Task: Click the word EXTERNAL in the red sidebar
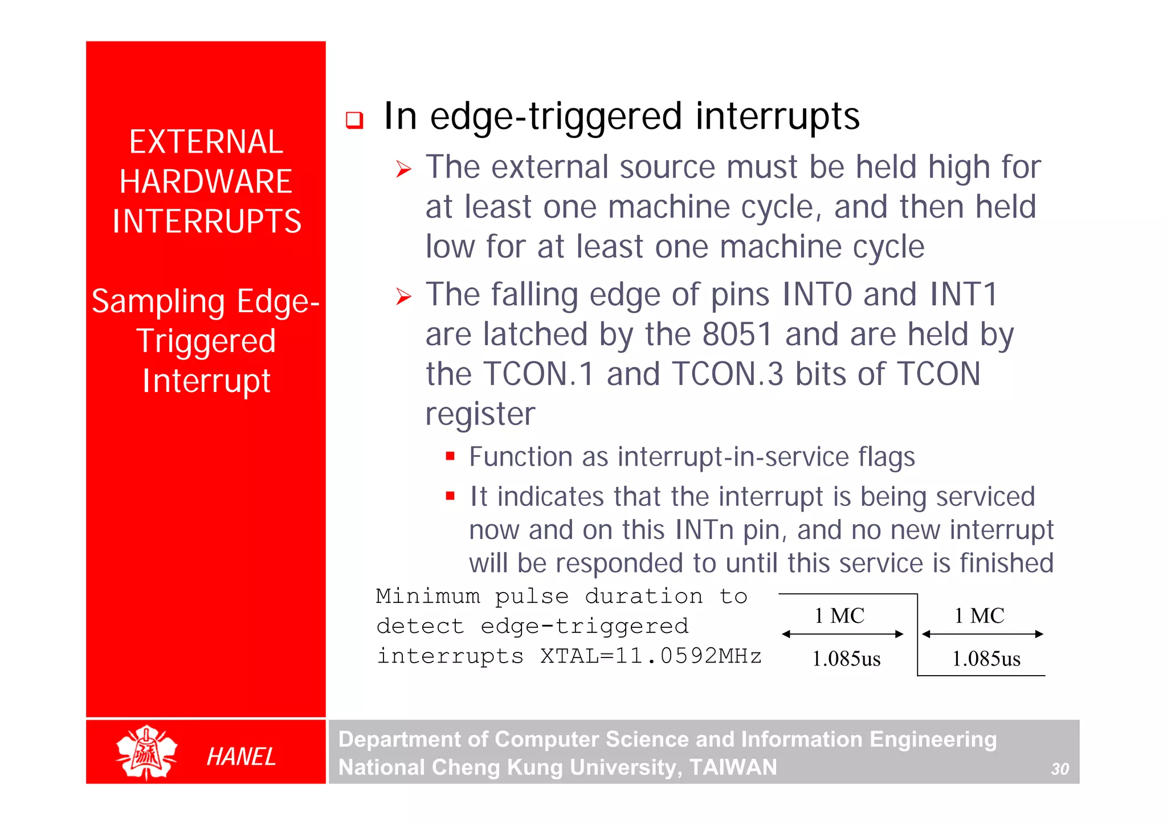206,142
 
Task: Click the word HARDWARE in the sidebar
206,182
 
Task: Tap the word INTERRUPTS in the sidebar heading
206,222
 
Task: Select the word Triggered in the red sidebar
206,341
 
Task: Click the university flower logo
146,752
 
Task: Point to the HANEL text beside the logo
241,757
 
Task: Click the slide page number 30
1060,769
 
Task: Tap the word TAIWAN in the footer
733,767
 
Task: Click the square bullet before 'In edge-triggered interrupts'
354,120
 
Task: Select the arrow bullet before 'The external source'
403,169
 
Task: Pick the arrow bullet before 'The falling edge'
403,296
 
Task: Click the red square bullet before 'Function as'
450,456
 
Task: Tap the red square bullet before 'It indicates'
450,496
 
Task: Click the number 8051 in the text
737,334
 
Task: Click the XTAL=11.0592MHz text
651,656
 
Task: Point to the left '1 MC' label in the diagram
839,616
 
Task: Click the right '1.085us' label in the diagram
986,659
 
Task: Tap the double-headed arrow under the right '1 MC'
982,634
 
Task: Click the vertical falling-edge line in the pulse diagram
917,635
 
